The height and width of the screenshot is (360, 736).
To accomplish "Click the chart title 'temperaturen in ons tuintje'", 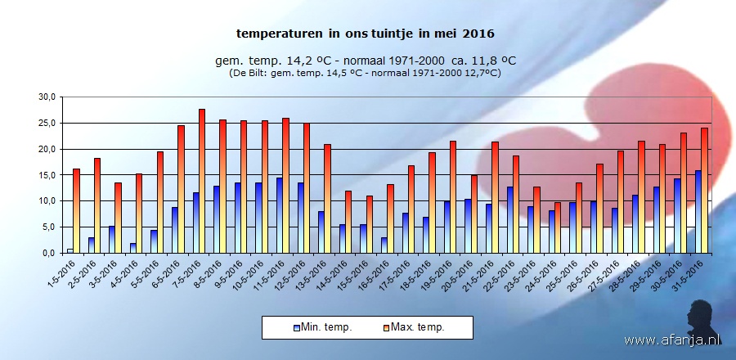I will (x=366, y=34).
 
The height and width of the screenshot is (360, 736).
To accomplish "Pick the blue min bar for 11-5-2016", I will (x=279, y=215).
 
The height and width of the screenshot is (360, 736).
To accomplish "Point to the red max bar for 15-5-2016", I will (x=369, y=224).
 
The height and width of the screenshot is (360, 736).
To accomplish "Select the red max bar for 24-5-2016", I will (x=558, y=227).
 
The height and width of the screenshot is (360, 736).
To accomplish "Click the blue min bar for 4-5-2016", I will (x=132, y=248).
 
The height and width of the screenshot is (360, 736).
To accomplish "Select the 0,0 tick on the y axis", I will (x=49, y=253).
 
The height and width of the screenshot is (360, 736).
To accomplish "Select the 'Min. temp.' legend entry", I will (x=323, y=327).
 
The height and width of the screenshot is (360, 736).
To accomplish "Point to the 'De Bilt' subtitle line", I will (x=366, y=73).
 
